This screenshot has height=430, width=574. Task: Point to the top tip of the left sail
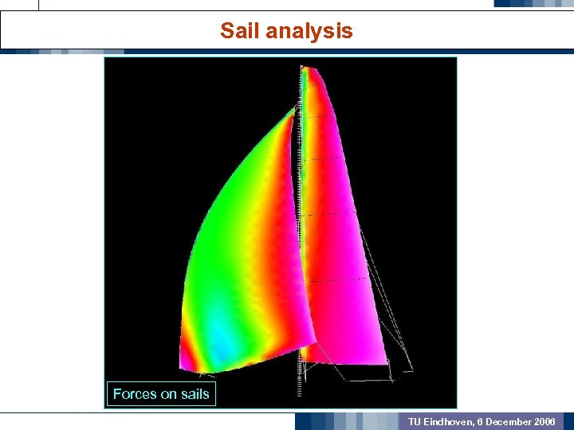coord(293,107)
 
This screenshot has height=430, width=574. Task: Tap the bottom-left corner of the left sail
coord(183,369)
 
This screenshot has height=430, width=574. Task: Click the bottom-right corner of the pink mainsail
coord(387,362)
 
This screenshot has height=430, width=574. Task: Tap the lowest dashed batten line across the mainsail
coord(335,280)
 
